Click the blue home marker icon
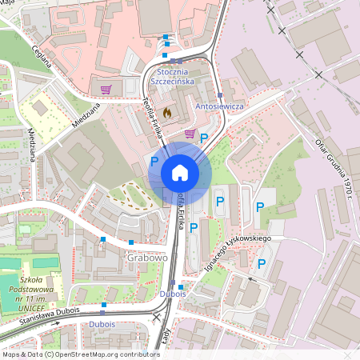[x=179, y=173]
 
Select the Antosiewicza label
[x=218, y=106]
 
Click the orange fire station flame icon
[x=166, y=114]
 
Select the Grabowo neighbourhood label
[x=146, y=258]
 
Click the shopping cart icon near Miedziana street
[x=106, y=90]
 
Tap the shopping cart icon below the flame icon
[x=190, y=134]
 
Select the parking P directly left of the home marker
[x=154, y=162]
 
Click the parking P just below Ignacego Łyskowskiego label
[x=260, y=263]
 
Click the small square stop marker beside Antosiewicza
[x=220, y=94]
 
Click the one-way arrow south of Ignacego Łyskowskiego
[x=253, y=279]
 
